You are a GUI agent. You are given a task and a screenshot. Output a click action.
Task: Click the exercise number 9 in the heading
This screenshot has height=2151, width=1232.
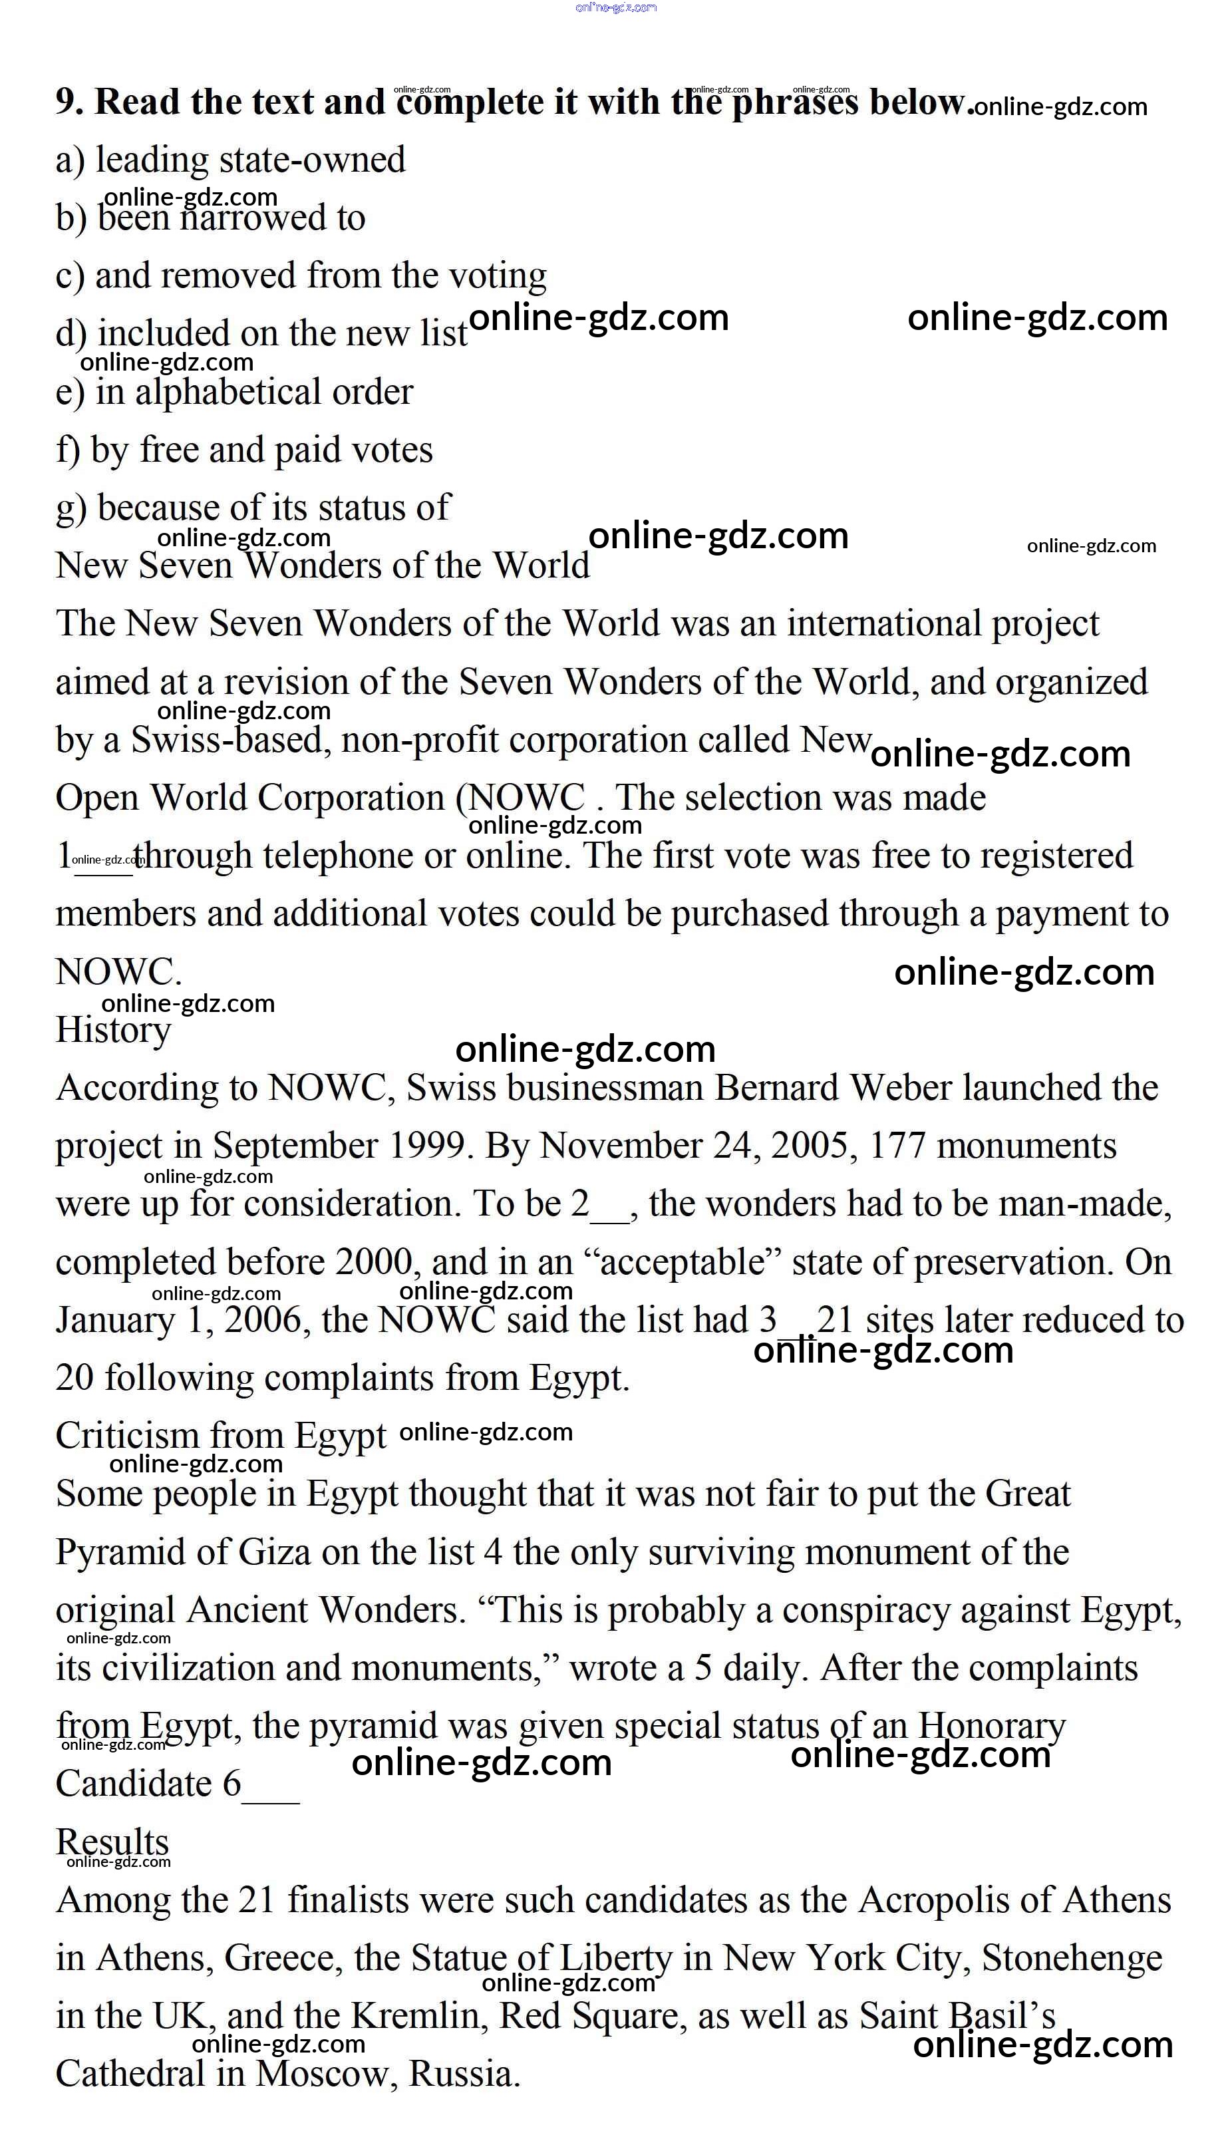(x=68, y=102)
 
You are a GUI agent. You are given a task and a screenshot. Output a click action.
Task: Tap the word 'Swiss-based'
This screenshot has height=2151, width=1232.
(x=228, y=741)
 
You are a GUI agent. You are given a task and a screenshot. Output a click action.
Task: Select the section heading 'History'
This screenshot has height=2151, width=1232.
(x=113, y=1031)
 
